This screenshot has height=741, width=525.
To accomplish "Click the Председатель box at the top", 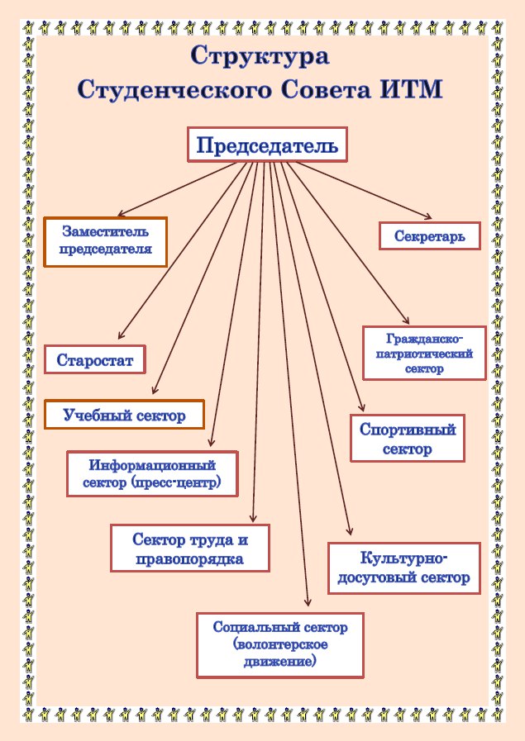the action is coord(267,145).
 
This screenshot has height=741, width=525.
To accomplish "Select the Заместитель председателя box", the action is coord(106,242).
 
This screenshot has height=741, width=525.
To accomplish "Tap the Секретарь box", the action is coord(429,235).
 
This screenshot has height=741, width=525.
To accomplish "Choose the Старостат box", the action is coord(94,359).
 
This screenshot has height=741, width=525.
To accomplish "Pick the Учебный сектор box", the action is coord(124,415).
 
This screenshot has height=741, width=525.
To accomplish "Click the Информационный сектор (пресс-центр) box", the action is coord(152,473).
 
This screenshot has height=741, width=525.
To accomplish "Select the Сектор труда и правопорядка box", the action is coord(189,549).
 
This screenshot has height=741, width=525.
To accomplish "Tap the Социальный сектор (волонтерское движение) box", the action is coord(280,645).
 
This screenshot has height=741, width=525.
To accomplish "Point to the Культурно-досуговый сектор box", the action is coord(404,568).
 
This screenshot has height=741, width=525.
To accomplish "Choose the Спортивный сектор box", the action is coord(408,439).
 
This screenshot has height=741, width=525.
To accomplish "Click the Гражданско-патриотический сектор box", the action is coord(424,353).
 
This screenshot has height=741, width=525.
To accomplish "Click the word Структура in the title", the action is coord(260,57).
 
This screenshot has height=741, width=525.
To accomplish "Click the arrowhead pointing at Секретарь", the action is coord(428,217).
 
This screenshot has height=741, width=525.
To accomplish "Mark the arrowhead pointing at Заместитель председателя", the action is coord(121,213).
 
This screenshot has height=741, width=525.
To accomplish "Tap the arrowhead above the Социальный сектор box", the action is coord(308,602).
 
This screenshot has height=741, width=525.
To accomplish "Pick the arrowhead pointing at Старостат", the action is coord(121,335).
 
